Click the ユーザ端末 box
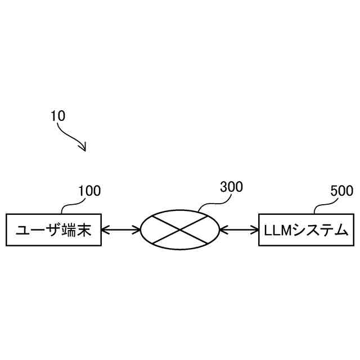click(x=53, y=229)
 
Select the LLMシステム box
click(x=307, y=229)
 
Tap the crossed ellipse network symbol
click(x=180, y=229)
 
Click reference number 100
click(x=89, y=191)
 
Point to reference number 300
click(x=231, y=188)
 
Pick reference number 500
click(x=341, y=191)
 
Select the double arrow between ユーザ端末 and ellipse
click(x=121, y=229)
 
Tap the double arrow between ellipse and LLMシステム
click(x=239, y=229)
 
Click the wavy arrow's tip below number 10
click(x=84, y=150)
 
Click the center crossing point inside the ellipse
click(x=180, y=229)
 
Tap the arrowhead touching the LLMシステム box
click(x=255, y=229)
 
